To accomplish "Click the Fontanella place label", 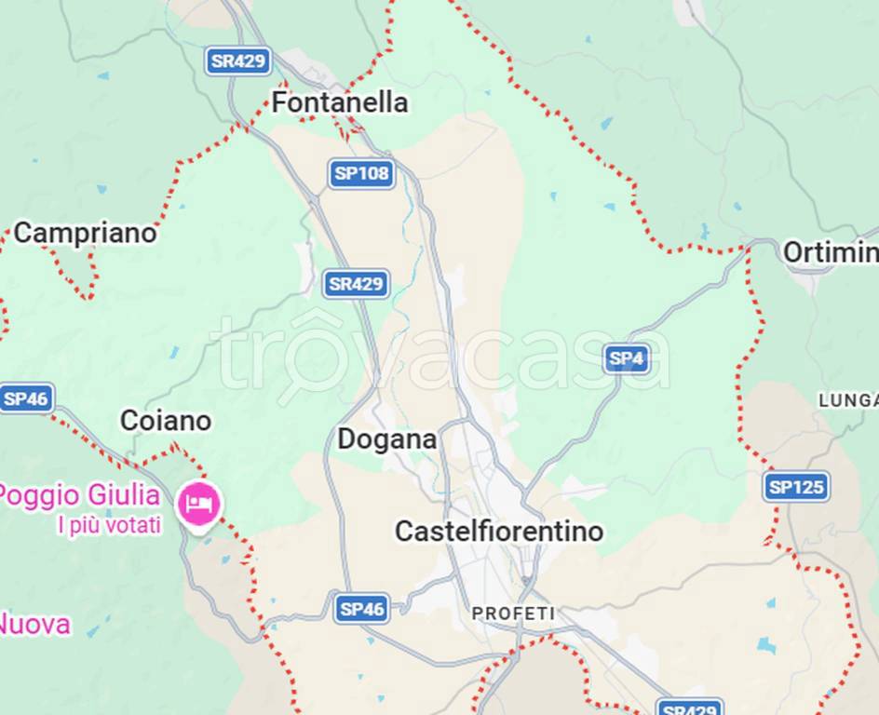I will click(339, 102).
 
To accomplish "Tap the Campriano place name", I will click(85, 233).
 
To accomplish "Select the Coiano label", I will click(166, 421).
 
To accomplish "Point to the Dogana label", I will click(386, 439).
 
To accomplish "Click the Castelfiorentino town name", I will click(499, 532).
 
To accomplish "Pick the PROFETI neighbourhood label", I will click(513, 614).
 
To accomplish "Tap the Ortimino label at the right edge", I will click(829, 252).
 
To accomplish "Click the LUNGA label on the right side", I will click(847, 400).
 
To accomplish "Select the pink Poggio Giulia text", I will click(80, 494).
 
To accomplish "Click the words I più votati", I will click(109, 525).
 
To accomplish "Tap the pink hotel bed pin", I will click(199, 504).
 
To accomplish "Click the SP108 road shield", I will click(361, 173).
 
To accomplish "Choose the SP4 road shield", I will click(626, 358).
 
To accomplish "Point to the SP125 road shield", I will click(796, 486).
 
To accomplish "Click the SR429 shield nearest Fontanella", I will click(238, 61).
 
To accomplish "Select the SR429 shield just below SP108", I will click(356, 284).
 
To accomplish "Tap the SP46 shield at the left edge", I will click(26, 398).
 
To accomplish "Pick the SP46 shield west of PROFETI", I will click(361, 609).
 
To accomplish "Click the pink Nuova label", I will click(34, 624).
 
